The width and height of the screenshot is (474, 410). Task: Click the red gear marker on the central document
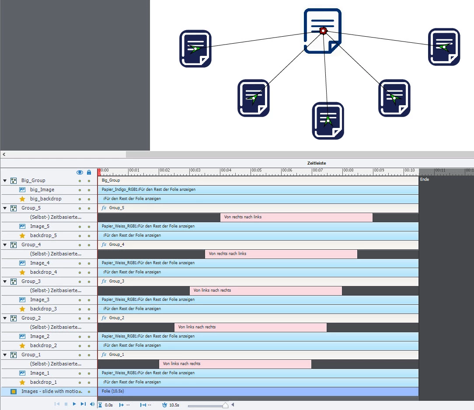(x=323, y=31)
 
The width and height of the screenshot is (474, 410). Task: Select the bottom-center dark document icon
(x=328, y=121)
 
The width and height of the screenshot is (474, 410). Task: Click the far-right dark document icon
(x=444, y=47)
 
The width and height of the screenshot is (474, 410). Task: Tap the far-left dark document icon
(x=195, y=48)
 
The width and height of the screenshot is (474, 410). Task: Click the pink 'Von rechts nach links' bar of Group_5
(x=296, y=217)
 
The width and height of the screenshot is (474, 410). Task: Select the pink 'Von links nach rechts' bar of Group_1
(x=235, y=364)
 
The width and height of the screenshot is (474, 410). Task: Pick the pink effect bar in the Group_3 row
(x=265, y=290)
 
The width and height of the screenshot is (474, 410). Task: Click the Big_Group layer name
(x=33, y=180)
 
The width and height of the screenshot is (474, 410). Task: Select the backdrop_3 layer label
(x=43, y=309)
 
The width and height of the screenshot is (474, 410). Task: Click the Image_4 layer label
(x=40, y=263)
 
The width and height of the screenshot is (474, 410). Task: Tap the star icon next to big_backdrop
(x=22, y=199)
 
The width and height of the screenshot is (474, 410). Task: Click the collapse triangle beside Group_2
(x=5, y=318)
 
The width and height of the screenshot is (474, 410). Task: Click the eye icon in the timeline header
(x=80, y=172)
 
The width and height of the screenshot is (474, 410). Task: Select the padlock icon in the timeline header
(x=89, y=172)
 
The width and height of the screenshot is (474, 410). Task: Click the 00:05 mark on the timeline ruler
(x=256, y=171)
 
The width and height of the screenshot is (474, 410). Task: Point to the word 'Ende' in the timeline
(x=424, y=179)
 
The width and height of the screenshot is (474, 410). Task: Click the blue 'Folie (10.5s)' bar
(x=258, y=391)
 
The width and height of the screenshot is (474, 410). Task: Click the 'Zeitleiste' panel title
(x=316, y=163)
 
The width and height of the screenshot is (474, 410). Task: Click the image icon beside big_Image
(x=22, y=189)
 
